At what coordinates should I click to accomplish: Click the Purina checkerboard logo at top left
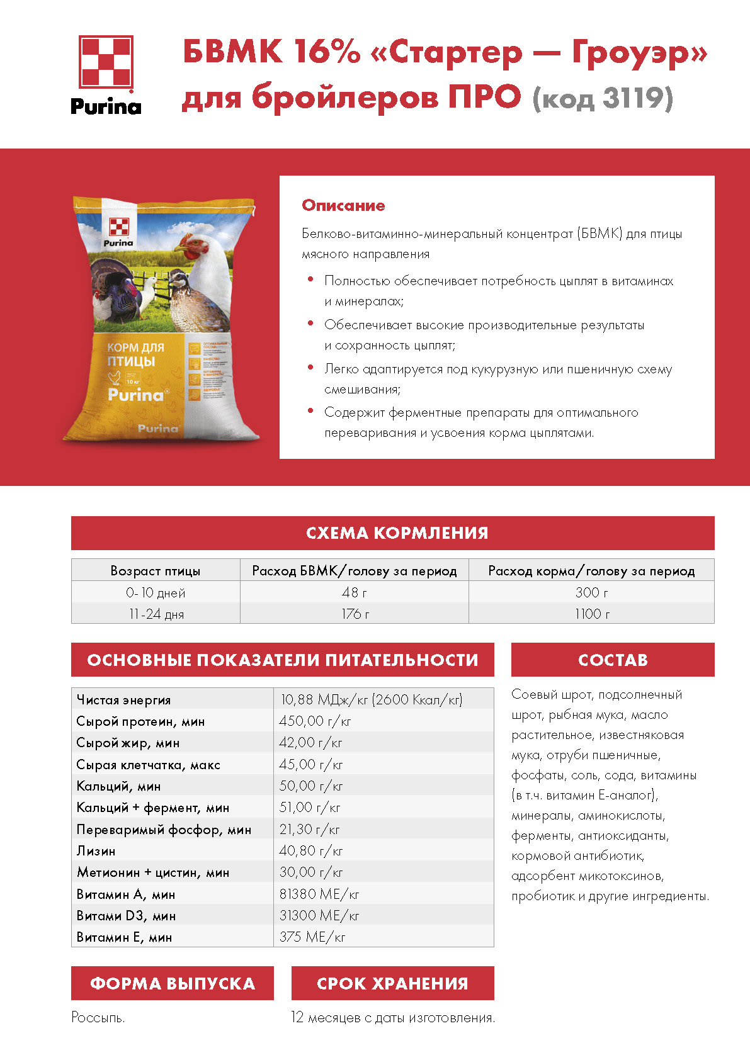tap(106, 63)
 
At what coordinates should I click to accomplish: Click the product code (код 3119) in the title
tap(603, 98)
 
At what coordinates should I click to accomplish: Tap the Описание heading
tap(343, 205)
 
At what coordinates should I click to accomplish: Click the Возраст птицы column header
tap(156, 571)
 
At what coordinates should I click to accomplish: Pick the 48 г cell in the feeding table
tap(355, 592)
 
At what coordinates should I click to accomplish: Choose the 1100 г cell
tap(591, 614)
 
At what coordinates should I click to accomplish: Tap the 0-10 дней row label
tap(156, 592)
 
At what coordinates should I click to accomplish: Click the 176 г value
tap(355, 614)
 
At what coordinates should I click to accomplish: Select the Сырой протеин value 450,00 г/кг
tap(315, 721)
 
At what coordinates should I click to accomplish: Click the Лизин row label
tap(96, 851)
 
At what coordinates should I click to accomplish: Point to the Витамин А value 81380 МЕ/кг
tap(319, 894)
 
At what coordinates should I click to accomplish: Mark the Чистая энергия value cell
tap(372, 699)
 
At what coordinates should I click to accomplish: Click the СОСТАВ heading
tap(613, 660)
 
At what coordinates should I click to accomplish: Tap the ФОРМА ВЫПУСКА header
tap(172, 983)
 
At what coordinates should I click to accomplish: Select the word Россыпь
tap(98, 1017)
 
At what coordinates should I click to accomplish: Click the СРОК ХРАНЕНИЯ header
tap(392, 983)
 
